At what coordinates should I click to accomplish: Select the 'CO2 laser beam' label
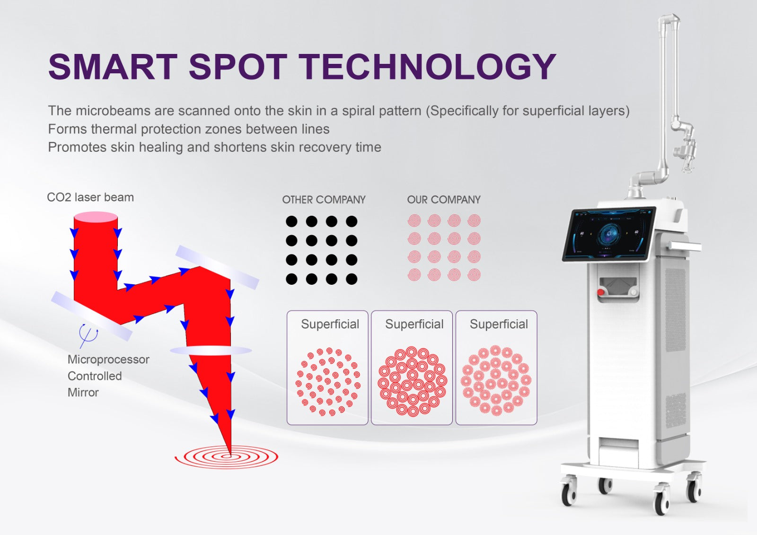(x=90, y=197)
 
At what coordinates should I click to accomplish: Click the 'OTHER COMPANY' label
(x=324, y=200)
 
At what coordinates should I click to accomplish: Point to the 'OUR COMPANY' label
(x=444, y=200)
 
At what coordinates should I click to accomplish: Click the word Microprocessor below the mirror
(x=108, y=360)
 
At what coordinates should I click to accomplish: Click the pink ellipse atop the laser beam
(x=96, y=217)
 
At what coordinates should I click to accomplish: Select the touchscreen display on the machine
(x=609, y=234)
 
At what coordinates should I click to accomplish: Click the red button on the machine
(x=600, y=292)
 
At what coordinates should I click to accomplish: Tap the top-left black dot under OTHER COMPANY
(x=291, y=221)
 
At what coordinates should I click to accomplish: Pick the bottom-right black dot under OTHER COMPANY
(x=352, y=279)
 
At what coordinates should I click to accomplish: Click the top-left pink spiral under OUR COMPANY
(x=414, y=221)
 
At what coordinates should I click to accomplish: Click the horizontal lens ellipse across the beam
(x=211, y=351)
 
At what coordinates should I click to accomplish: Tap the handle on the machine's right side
(x=685, y=246)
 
